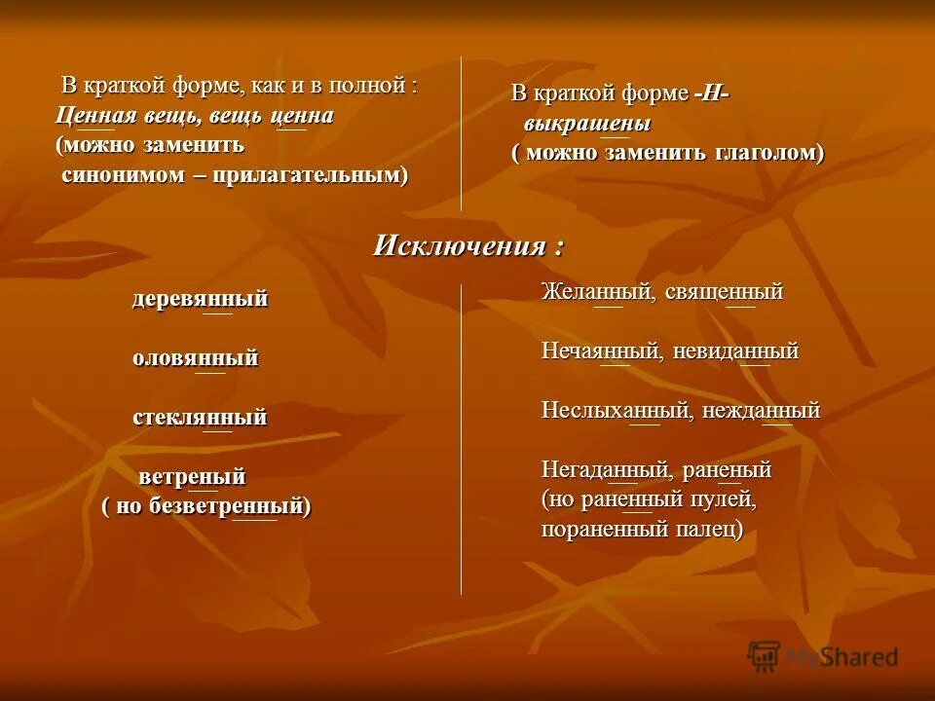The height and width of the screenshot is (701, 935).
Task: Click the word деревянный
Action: coord(200,299)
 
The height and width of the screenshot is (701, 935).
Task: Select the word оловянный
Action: coord(195,357)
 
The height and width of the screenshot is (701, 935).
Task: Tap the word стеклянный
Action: coord(200,417)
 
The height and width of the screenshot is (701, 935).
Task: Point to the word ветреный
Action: coord(192,477)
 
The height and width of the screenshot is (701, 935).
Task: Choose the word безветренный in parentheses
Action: coord(230,506)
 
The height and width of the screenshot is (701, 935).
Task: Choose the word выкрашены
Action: coord(587,125)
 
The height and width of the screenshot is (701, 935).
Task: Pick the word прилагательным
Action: coord(309,175)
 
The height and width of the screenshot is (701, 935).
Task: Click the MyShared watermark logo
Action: coord(822,656)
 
